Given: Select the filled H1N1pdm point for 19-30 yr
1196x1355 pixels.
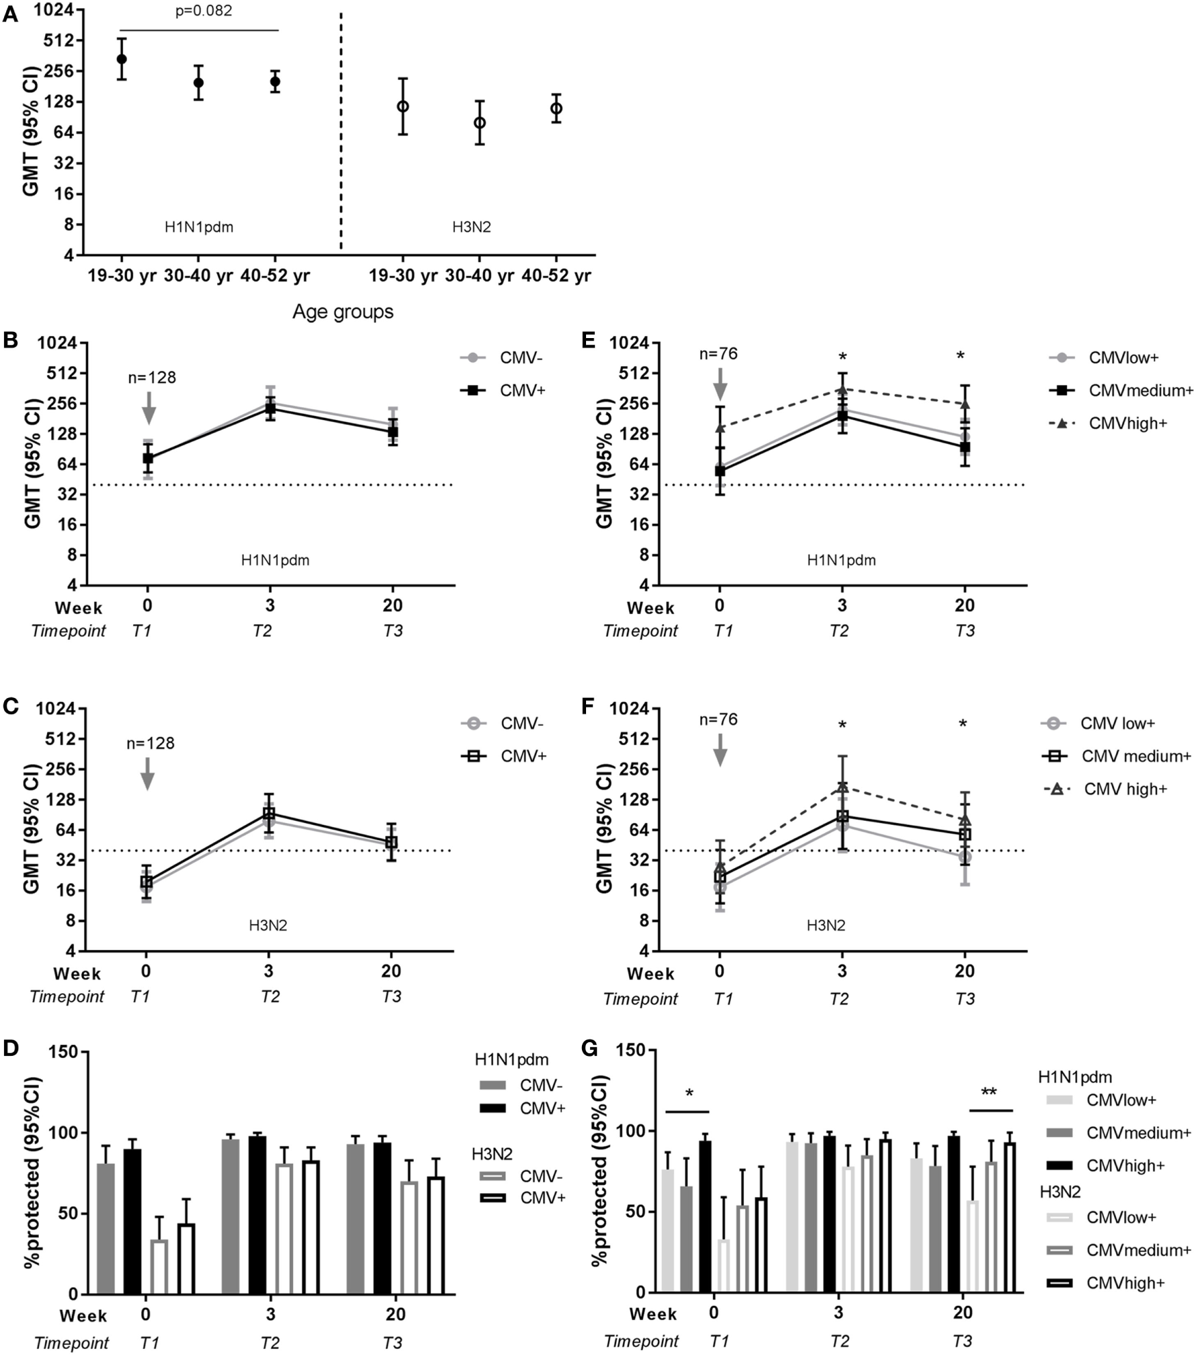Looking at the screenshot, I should point(122,59).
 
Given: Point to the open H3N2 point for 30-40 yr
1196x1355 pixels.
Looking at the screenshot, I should point(479,123).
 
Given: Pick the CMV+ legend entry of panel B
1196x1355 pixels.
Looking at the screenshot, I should point(522,390).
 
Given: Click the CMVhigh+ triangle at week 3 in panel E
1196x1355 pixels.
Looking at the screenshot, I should point(842,389).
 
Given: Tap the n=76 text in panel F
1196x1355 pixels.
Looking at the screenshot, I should point(719,719).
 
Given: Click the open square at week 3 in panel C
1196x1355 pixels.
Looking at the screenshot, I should point(269,813).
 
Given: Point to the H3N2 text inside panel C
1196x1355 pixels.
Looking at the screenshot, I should point(268,926).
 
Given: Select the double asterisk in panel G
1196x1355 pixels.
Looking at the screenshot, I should point(988,1092).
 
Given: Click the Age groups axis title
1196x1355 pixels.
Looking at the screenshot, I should point(343,311).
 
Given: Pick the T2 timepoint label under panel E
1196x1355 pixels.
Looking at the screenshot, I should point(839,631).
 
